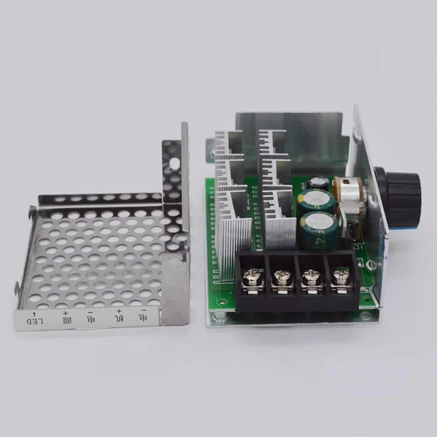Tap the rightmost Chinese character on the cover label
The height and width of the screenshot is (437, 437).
143,317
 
